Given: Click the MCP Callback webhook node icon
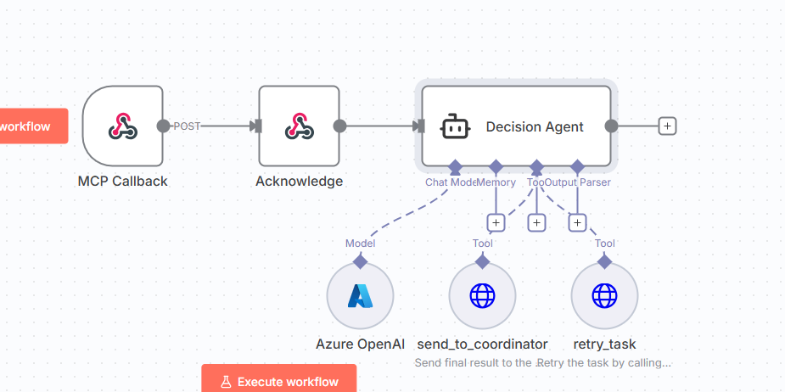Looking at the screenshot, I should coord(123,126).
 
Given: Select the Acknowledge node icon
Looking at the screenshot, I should coord(299,126).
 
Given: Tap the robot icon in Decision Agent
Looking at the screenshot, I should coord(455,126).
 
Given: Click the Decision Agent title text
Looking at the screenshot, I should coord(535,127).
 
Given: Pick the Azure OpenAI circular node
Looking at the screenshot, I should coord(360,295).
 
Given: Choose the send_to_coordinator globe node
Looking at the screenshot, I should coord(482,295).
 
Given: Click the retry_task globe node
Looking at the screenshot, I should coord(604,295).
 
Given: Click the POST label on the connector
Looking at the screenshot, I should coord(187,126).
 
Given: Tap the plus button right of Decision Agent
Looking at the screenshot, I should coord(667,126).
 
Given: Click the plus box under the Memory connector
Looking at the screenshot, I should coord(496,222).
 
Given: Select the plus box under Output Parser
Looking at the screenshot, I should coord(577,222).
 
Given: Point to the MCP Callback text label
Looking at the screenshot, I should coord(123,181).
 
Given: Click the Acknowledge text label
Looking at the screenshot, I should coord(300,181).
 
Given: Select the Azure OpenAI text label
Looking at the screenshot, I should coord(360,344).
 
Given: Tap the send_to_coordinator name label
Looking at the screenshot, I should coord(482,344).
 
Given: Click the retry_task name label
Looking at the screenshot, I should coord(604,344).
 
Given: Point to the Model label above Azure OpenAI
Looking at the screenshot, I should coord(360,244).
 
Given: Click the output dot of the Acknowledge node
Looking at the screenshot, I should coord(339,126).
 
